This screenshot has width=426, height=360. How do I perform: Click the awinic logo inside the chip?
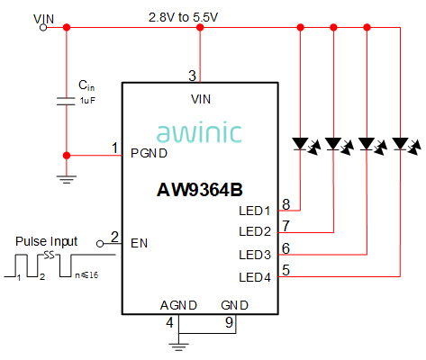coord(199,132)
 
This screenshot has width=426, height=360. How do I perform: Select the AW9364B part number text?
coord(200,190)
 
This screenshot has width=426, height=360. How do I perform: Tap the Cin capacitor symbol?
coord(66,102)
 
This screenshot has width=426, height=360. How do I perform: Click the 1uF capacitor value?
coord(87,101)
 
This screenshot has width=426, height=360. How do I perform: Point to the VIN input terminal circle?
coord(43,28)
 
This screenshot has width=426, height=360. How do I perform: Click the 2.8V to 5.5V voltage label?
coord(183,17)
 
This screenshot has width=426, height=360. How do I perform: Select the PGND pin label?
coord(149,154)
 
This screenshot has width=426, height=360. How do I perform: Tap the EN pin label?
coord(139,243)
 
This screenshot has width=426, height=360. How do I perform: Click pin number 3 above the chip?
coord(192,76)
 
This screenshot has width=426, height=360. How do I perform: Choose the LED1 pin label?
coord(255,211)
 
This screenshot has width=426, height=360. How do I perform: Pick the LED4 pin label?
coord(255,277)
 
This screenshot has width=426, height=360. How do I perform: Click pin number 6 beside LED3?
coord(286,248)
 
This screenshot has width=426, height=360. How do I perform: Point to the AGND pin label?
coord(178,305)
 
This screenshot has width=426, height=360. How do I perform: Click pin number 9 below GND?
coord(229,322)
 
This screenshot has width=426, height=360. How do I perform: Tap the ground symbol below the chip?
coord(178,346)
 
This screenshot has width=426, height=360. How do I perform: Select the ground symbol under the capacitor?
coord(67,179)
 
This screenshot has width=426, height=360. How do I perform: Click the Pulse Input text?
coord(47,241)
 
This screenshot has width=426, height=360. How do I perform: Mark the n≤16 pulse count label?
coord(86,274)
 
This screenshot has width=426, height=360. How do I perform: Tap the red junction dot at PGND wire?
coord(67,156)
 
